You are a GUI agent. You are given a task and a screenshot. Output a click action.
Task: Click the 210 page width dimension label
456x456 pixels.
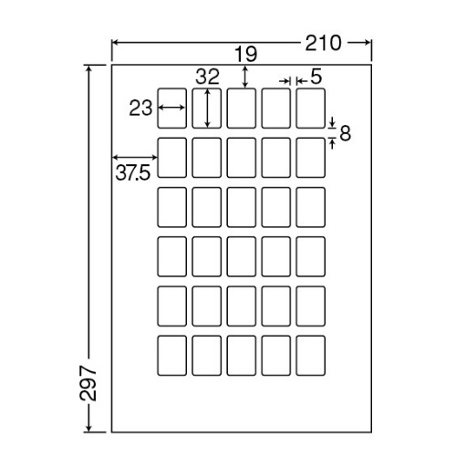pos(323,43)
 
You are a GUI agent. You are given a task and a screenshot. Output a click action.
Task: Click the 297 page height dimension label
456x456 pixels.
pos(88,383)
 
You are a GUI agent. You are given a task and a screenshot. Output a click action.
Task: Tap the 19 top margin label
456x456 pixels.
pos(246,54)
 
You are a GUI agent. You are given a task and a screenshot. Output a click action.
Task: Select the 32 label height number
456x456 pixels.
pos(207,77)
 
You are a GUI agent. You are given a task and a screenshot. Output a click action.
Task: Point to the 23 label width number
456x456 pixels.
pos(140,109)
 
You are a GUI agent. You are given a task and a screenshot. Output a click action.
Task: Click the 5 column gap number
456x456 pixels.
pos(316,77)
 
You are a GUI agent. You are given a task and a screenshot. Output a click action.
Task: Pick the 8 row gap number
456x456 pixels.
pos(345,133)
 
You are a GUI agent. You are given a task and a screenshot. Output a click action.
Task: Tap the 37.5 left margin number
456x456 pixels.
pos(133,173)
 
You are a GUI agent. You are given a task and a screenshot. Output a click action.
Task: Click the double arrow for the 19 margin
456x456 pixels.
pos(245,78)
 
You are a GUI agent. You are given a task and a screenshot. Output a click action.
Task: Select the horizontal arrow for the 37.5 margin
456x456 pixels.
pos(135,157)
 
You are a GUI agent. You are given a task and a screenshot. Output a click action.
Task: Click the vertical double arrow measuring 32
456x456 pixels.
pos(207,108)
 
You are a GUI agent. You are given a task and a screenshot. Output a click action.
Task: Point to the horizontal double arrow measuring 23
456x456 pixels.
pos(171,108)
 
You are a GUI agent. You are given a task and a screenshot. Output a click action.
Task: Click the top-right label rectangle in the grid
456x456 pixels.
pos(310,109)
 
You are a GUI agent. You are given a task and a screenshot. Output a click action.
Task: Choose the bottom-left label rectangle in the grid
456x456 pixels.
pos(171,356)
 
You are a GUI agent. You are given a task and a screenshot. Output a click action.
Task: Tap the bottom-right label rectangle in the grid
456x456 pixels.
pos(310,356)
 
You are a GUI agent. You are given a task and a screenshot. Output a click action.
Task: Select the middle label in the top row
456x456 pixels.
pos(241,109)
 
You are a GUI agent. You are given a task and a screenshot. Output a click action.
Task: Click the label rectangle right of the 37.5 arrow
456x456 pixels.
pos(171,158)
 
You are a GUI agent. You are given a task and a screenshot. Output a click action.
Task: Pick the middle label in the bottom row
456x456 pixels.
pos(241,356)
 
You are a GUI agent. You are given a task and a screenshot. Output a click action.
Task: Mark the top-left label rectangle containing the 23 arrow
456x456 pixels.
pos(171,109)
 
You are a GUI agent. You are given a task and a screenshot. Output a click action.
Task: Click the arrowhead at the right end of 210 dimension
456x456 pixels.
pos(368,43)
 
